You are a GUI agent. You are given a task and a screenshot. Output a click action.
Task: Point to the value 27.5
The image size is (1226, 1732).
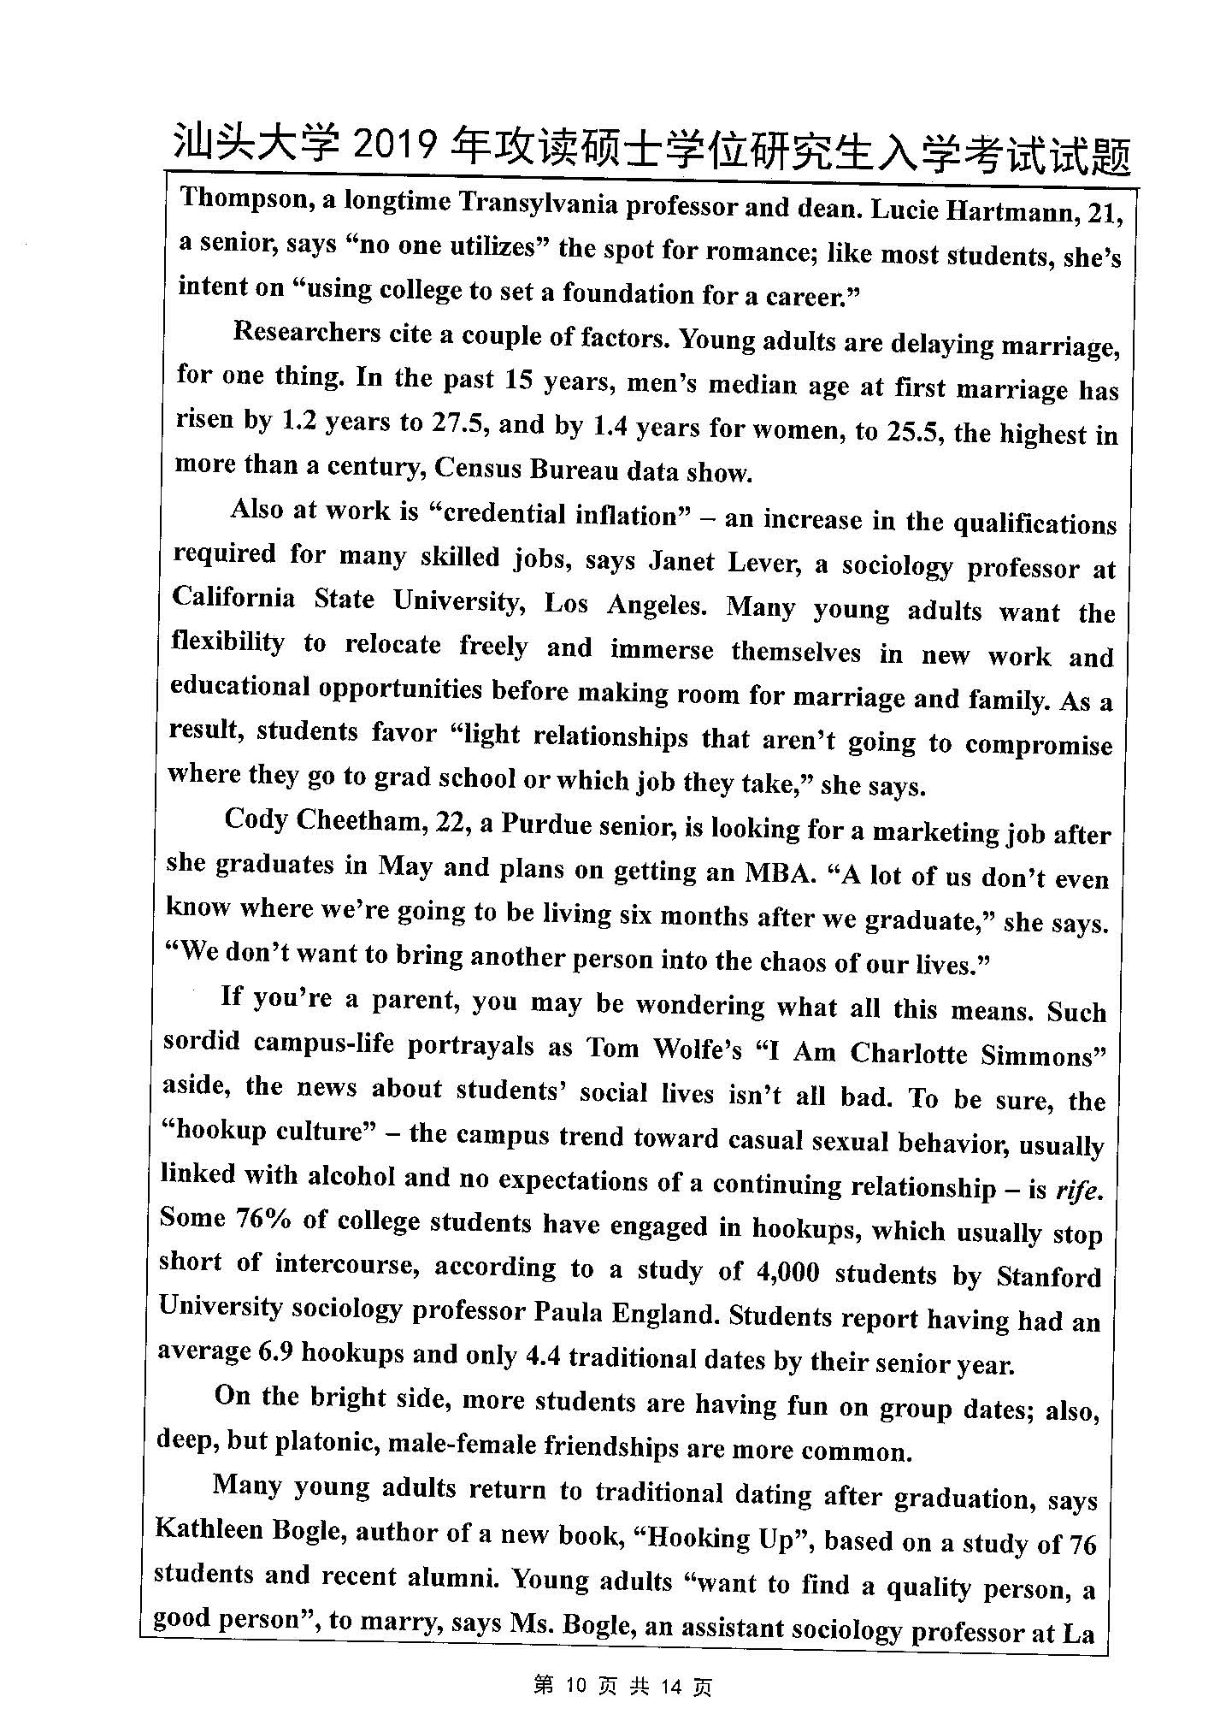(x=459, y=424)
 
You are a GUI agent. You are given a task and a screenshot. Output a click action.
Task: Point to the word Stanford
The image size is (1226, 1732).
(x=1048, y=1277)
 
